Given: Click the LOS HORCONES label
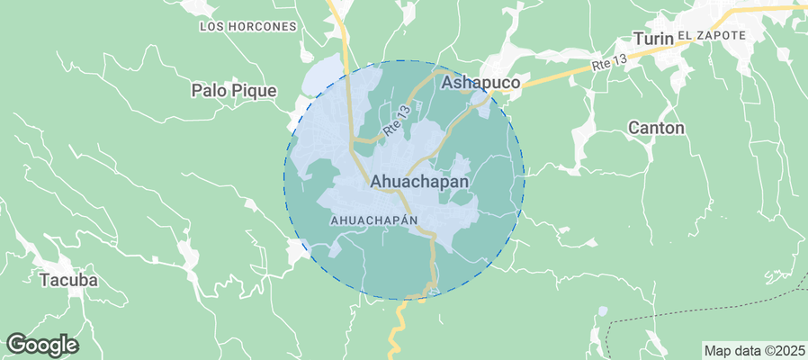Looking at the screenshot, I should tap(247, 27).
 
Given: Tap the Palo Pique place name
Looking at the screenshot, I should tap(234, 91).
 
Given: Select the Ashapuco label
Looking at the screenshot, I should tap(481, 83).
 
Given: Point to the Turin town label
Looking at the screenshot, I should tap(652, 39).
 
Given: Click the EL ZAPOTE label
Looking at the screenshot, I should tap(712, 35).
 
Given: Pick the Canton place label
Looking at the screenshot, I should tap(656, 128).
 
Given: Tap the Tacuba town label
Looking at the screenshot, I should tap(68, 280).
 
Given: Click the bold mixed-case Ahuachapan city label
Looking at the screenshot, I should tap(419, 182).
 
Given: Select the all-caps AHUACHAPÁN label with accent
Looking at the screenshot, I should tap(375, 220).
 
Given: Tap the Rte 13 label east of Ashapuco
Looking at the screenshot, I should tap(609, 63).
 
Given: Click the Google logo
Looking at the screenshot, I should tap(42, 344).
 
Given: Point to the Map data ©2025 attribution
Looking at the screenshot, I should tap(753, 350).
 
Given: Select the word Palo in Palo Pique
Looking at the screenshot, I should tap(209, 91).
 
